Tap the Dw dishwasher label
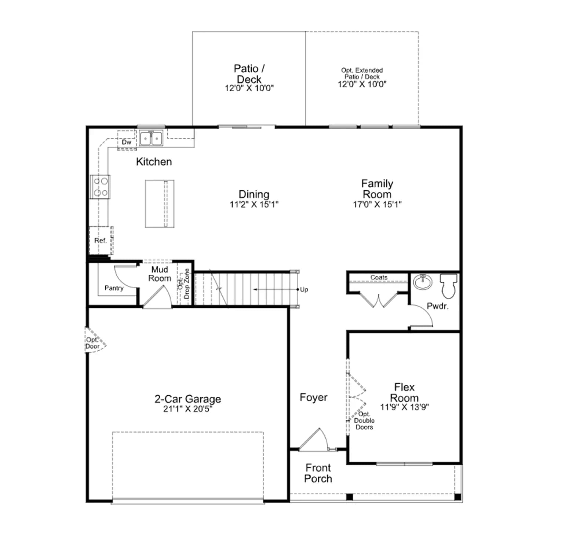[127, 142]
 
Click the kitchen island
[160, 204]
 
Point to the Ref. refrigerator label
[101, 241]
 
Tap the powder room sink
[423, 282]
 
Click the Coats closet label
[379, 277]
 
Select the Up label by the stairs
[304, 290]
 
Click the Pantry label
[114, 288]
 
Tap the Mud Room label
[160, 274]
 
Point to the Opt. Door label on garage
[92, 343]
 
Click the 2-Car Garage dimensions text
[188, 409]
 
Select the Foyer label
[314, 397]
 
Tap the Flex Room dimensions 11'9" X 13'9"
[404, 407]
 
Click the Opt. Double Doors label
[364, 421]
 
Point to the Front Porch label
[318, 473]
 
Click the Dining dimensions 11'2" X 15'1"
[254, 205]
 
